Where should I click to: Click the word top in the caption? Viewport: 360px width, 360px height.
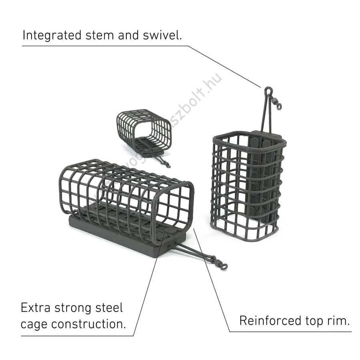click(x=316, y=321)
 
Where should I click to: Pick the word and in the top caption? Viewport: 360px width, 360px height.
click(x=128, y=35)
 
